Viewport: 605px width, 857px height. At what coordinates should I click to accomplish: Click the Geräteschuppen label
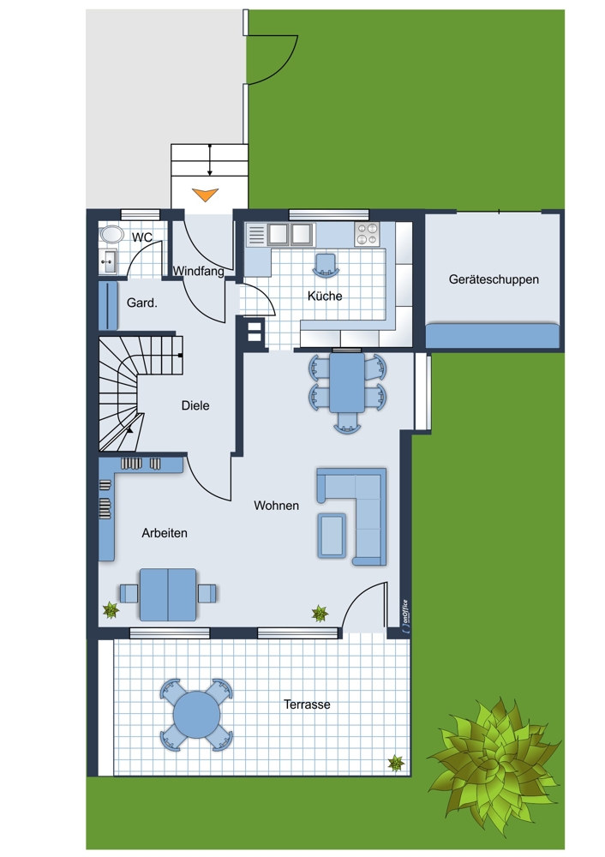click(494, 279)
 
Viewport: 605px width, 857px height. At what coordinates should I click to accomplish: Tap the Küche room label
click(325, 296)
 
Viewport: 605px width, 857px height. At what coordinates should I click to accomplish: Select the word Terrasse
click(307, 704)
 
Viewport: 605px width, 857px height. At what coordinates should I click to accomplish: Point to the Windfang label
click(199, 271)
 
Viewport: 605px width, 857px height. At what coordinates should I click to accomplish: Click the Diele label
click(195, 405)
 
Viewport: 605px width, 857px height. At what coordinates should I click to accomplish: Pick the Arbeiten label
click(165, 533)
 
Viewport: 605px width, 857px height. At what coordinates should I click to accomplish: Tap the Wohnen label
click(276, 506)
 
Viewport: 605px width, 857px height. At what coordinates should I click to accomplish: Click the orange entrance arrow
click(206, 195)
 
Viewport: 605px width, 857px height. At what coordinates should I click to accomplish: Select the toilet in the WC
click(112, 235)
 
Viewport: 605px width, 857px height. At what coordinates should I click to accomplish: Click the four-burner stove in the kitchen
click(366, 235)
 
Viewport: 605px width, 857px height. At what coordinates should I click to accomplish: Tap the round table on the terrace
click(197, 715)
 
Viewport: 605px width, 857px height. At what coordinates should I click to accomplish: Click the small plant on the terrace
click(396, 763)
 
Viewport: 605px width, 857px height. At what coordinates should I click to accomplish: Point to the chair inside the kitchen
click(326, 265)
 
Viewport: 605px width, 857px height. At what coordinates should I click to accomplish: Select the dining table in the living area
click(347, 382)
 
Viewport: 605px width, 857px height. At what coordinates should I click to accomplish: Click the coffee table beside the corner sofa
click(332, 536)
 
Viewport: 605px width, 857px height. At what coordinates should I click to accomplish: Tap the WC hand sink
click(108, 261)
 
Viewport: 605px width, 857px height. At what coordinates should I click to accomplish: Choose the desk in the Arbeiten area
click(168, 595)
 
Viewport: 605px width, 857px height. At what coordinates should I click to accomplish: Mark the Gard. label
click(142, 303)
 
